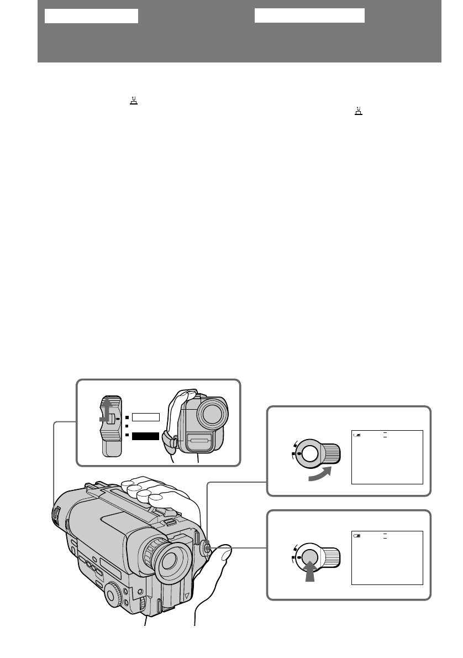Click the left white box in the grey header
(91, 16)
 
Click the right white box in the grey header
(309, 15)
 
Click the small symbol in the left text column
(133, 101)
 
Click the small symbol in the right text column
(358, 111)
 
